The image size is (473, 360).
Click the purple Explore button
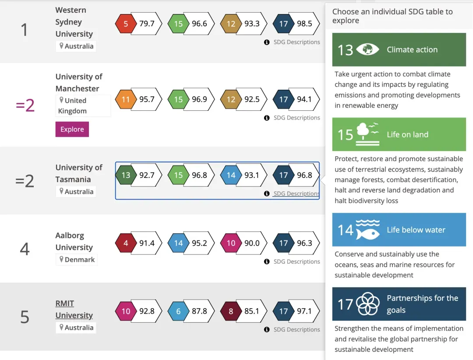[x=72, y=129]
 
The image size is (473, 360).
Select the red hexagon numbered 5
[x=126, y=24]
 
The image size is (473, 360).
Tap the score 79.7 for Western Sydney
[x=147, y=24]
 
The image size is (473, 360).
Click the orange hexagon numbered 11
[x=126, y=99]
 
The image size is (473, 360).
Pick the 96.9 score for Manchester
[x=199, y=99]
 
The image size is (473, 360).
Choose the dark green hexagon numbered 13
[x=126, y=175]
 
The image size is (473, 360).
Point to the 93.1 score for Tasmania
[x=252, y=175]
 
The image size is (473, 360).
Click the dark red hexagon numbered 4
[x=126, y=243]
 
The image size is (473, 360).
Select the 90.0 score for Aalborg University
[x=252, y=243]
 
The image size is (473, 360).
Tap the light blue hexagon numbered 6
[x=178, y=311]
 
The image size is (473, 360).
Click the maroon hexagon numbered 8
[x=231, y=311]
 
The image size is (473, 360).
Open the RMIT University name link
[x=74, y=309]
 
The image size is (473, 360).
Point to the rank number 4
[x=25, y=249]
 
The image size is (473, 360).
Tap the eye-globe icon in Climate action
[x=367, y=49]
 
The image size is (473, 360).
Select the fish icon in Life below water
[x=367, y=230]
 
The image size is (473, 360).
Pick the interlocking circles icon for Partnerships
[x=367, y=304]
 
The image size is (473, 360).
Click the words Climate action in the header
[x=412, y=49]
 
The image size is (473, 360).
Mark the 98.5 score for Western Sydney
[x=304, y=24]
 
